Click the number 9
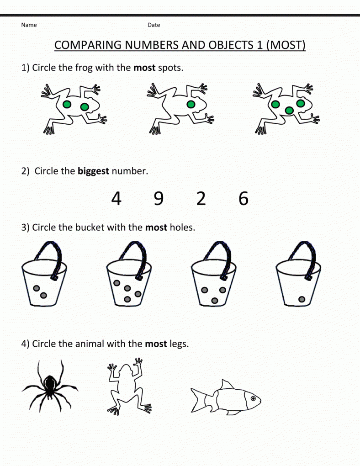coord(159,198)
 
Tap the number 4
coord(116,198)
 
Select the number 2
coord(201,198)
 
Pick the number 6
coord(244,198)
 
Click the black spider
coord(50,386)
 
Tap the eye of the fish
coord(253,398)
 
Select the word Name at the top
coord(29,25)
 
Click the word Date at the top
coord(154,25)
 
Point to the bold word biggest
coord(93,171)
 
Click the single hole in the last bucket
coord(302,299)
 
